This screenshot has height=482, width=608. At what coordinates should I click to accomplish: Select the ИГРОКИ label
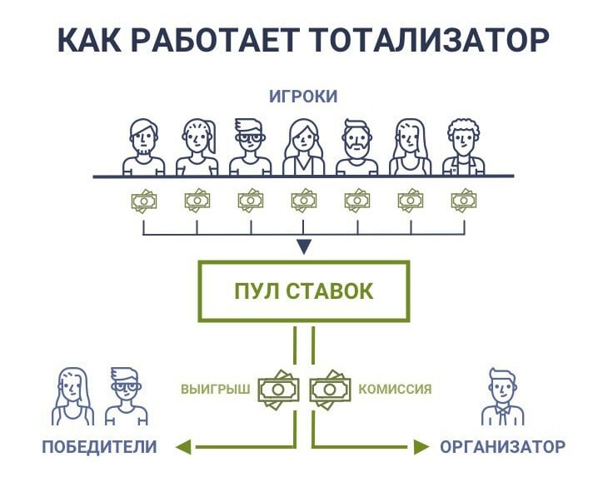[303, 97]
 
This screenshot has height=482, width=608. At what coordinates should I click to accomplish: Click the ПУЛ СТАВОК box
[303, 291]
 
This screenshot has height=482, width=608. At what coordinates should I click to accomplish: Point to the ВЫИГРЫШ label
[215, 389]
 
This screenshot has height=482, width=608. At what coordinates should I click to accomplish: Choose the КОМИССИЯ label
[395, 389]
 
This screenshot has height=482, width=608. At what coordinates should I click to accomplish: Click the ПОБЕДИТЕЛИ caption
[99, 447]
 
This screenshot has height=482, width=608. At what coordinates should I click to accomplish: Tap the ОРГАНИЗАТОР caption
[503, 447]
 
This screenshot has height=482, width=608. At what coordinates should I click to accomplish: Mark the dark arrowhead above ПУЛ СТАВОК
[304, 246]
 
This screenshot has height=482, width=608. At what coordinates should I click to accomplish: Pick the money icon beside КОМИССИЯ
[331, 388]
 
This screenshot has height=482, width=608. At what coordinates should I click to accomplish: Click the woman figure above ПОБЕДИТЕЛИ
[73, 397]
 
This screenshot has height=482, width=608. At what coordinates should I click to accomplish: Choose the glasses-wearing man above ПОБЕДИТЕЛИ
[125, 397]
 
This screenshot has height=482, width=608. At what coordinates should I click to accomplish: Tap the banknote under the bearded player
[356, 201]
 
